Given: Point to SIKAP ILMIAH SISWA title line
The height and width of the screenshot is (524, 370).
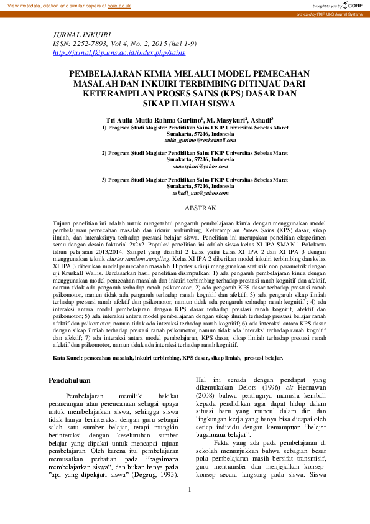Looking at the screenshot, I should [185, 103].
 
